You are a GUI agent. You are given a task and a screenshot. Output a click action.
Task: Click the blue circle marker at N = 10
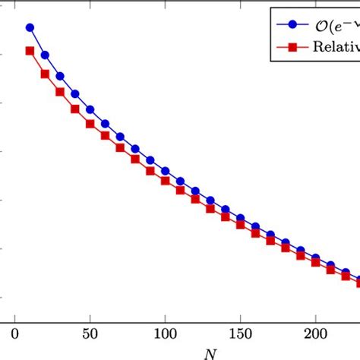(30, 27)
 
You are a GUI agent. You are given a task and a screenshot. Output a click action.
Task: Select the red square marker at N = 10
(30, 51)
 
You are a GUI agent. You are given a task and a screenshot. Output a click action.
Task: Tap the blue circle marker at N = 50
(90, 109)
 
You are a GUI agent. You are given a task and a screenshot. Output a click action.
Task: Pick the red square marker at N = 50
(90, 124)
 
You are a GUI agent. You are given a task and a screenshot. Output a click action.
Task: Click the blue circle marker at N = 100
(166, 172)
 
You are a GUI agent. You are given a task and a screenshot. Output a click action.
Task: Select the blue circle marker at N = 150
(240, 217)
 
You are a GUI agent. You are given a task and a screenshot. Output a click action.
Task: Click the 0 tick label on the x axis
(15, 332)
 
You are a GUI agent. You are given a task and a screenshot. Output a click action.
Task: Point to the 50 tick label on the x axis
(90, 332)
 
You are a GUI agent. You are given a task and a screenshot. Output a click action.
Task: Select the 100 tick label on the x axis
(166, 332)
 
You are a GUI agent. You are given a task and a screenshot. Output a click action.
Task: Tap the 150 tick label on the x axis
(240, 332)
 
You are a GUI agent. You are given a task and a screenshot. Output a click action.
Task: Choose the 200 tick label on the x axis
(315, 332)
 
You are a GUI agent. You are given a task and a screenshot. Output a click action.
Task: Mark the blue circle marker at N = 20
(46, 55)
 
